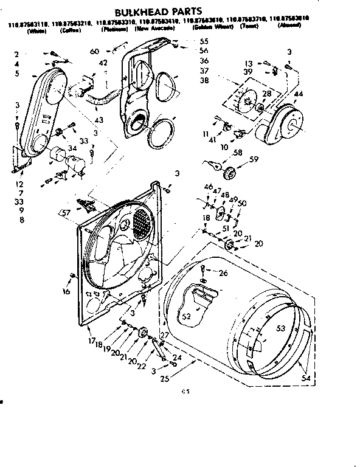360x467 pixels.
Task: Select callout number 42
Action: pyautogui.click(x=103, y=63)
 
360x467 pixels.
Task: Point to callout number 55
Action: pyautogui.click(x=204, y=41)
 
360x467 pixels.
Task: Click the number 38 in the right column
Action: pyautogui.click(x=204, y=80)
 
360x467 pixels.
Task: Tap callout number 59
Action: pyautogui.click(x=254, y=161)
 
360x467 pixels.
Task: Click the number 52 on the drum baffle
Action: pyautogui.click(x=186, y=316)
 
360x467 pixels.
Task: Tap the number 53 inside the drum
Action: pyautogui.click(x=281, y=328)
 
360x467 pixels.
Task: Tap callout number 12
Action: pyautogui.click(x=19, y=184)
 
